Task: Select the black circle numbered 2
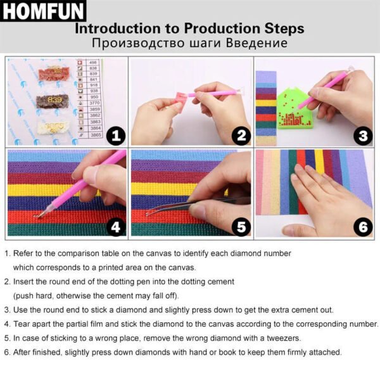coord(240,135)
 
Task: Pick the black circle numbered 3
coord(362,135)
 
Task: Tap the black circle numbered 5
coord(240,226)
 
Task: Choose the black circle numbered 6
coord(362,226)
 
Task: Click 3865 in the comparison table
coord(94,135)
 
